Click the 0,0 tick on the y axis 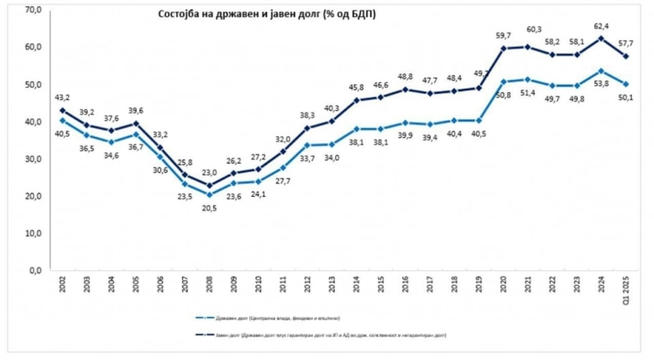[37, 270]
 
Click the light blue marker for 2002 [62, 120]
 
